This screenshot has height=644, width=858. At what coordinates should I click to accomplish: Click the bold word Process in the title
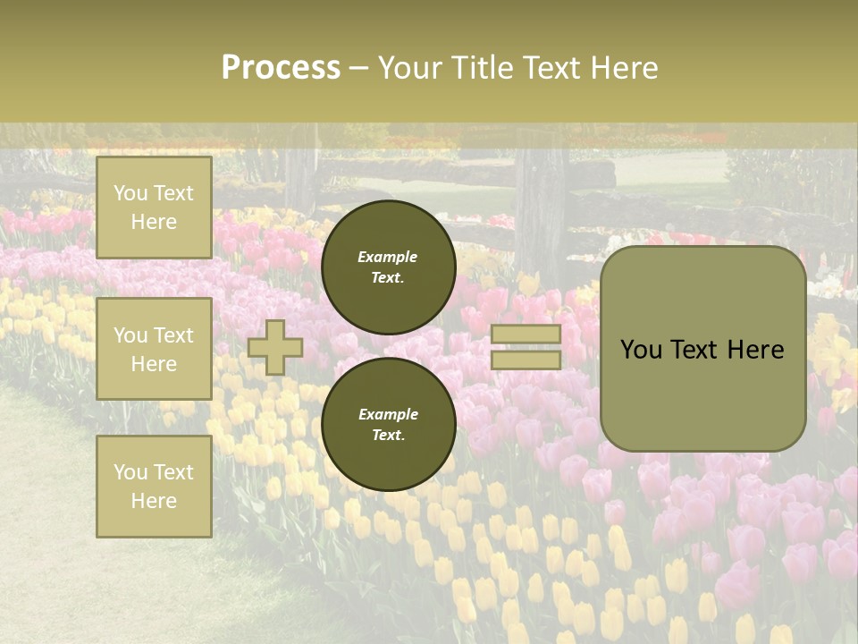click(281, 68)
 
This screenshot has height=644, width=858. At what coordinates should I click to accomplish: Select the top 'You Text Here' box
click(154, 208)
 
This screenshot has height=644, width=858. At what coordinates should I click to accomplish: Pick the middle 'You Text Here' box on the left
click(154, 349)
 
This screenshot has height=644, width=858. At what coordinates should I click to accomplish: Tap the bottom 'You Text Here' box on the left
click(154, 486)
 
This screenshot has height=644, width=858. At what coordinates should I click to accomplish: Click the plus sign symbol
click(275, 347)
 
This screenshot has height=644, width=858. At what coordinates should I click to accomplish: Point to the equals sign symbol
click(526, 347)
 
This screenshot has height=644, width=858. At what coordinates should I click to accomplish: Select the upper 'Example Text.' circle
click(388, 267)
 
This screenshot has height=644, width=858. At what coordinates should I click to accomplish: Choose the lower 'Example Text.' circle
click(388, 425)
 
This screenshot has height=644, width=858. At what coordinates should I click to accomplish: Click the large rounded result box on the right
click(702, 349)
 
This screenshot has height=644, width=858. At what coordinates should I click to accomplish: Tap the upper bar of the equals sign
click(526, 335)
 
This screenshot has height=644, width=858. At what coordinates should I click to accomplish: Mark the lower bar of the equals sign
click(526, 360)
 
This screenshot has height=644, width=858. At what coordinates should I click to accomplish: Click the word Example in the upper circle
click(388, 257)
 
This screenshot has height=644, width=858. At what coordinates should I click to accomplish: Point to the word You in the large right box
click(641, 350)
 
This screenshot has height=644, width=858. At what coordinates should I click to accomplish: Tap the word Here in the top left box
click(154, 222)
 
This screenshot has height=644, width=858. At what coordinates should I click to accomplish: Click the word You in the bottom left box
click(130, 471)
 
